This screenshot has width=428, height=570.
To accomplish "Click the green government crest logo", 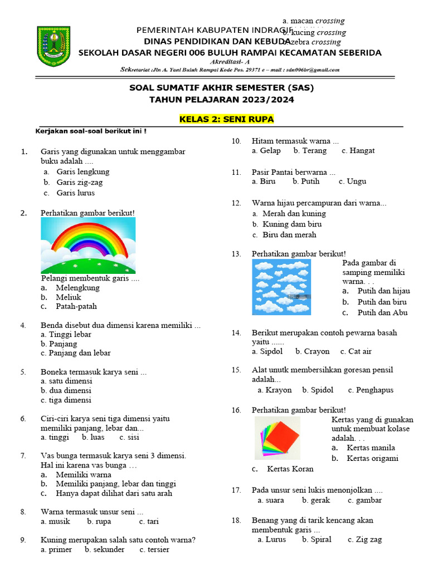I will pyautogui.click(x=53, y=47).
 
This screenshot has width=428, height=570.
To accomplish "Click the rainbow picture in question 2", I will pyautogui.click(x=88, y=245).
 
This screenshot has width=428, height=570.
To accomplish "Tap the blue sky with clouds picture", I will pyautogui.click(x=281, y=287).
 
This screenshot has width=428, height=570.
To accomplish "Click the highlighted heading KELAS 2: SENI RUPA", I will pyautogui.click(x=226, y=120).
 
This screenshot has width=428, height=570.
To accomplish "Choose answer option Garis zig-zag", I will pyautogui.click(x=79, y=182).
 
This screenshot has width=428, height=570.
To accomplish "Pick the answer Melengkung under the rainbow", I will pyautogui.click(x=77, y=288).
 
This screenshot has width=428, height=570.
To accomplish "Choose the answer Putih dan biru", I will pyautogui.click(x=382, y=302).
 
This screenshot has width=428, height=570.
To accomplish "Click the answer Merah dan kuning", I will pyautogui.click(x=294, y=213).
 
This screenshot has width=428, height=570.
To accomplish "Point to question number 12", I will pyautogui.click(x=236, y=203).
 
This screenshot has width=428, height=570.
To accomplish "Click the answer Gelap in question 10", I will pyautogui.click(x=270, y=150).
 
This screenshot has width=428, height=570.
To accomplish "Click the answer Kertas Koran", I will pyautogui.click(x=290, y=469).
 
